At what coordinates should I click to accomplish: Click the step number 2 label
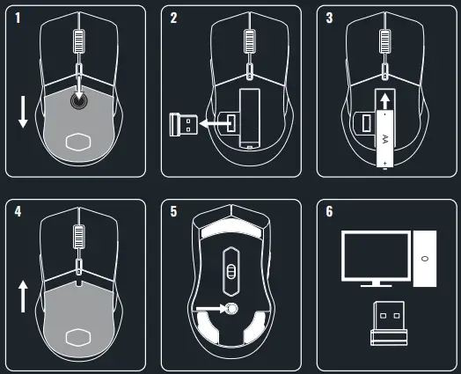tap(174, 18)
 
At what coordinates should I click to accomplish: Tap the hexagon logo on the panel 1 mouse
tap(78, 142)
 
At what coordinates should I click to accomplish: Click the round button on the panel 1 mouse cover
tap(78, 100)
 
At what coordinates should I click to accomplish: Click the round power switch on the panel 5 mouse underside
tap(232, 308)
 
